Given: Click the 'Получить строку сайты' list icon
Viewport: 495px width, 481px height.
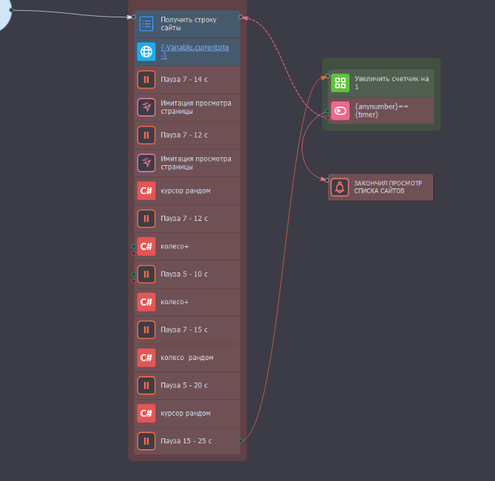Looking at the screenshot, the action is [x=146, y=24].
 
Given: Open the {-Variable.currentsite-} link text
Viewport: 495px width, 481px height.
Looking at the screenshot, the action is [x=195, y=51].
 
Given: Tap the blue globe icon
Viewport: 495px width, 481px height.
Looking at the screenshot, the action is [x=146, y=51].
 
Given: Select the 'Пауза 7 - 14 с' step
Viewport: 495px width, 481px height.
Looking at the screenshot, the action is [x=187, y=80].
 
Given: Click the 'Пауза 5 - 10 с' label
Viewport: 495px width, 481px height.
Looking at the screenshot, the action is [x=184, y=274].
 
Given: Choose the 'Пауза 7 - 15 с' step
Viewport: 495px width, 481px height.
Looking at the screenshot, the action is [x=187, y=330].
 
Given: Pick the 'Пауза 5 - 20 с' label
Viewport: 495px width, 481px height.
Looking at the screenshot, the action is [x=184, y=385].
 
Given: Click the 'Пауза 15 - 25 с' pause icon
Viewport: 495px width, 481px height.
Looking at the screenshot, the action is [x=146, y=441].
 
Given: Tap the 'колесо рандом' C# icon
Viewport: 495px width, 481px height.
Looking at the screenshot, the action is [x=146, y=357].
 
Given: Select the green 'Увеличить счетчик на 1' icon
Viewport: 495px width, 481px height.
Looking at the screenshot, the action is [x=340, y=83].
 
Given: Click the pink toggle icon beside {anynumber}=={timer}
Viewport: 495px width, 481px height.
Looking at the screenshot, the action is [x=340, y=111].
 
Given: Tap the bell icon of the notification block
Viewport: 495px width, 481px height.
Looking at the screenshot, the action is [x=339, y=187].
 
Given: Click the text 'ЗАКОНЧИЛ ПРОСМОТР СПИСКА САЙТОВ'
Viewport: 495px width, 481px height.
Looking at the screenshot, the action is [x=388, y=187].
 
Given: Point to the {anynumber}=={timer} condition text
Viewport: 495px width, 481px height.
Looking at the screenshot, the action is [x=381, y=111].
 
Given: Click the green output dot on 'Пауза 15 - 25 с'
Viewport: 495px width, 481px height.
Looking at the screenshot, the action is [x=240, y=441].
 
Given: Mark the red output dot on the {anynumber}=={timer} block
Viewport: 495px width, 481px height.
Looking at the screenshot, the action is [x=328, y=117].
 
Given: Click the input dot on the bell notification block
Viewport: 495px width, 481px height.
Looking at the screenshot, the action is [x=327, y=180].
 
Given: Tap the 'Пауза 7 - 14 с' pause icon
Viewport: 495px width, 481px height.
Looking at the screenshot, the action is [x=146, y=80].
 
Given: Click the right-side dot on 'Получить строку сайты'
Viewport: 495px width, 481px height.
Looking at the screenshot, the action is [x=240, y=17].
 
